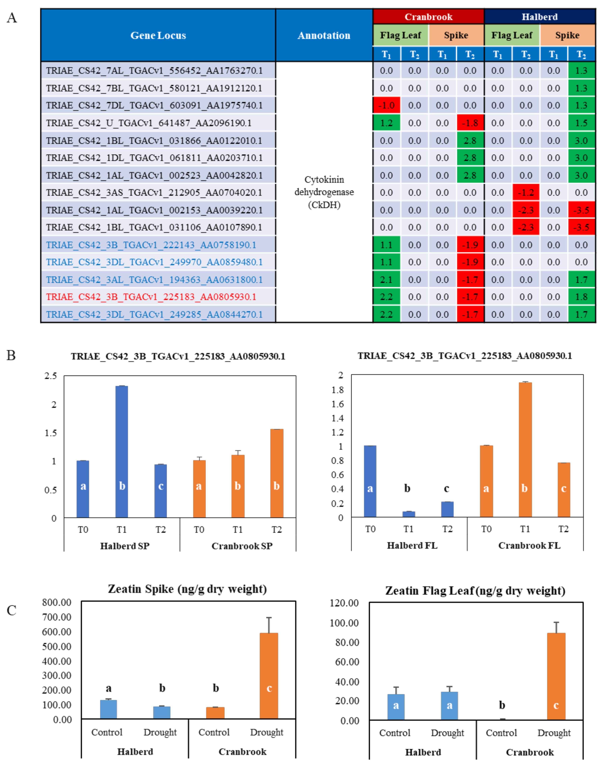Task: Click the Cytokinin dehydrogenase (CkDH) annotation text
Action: click(324, 192)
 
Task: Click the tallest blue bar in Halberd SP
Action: click(122, 451)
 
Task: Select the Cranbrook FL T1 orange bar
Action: click(525, 450)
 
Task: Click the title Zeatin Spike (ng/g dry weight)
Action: click(187, 589)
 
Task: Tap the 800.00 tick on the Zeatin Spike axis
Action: click(57, 602)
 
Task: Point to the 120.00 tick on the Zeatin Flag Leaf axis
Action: click(344, 603)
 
